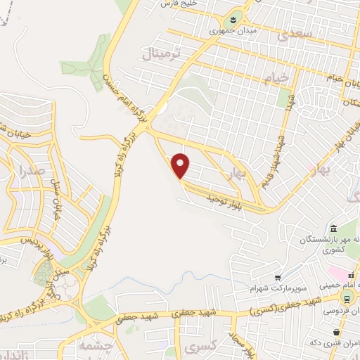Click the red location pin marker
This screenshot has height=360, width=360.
(181, 165)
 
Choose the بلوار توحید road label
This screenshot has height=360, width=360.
(224, 202)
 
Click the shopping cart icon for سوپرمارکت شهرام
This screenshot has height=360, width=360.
(278, 277)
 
